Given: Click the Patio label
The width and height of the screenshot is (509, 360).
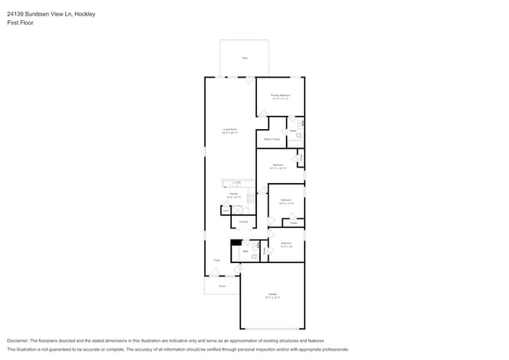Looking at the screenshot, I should coord(244,58).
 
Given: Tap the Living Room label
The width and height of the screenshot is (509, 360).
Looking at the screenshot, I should coord(229,131).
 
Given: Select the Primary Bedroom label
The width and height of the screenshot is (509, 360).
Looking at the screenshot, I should coord(280,97).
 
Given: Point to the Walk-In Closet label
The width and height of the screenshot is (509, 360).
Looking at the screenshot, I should coord(272,139).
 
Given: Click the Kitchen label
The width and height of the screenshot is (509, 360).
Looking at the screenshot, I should coord(233,193).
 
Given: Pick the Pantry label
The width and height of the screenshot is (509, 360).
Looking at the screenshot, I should coord(226,211).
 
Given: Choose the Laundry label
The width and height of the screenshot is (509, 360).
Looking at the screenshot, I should coord(244,222).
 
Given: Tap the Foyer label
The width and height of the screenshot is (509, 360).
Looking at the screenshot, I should coord(217,260).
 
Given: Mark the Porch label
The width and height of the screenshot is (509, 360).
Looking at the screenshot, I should coord(222,286).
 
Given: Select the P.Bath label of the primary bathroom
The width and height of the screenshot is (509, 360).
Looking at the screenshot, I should coord(292,131).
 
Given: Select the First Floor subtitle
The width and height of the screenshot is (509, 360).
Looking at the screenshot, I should coord(20,23).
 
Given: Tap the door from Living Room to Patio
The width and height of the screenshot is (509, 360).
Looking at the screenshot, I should coord(249,81).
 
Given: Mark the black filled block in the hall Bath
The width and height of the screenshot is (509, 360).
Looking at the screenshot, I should coord(236,243).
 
